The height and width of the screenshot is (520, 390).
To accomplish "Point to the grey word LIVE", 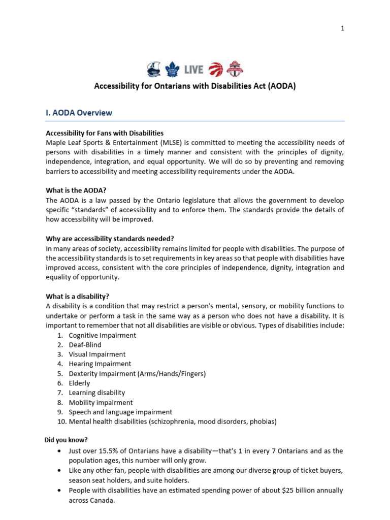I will coord(193,70).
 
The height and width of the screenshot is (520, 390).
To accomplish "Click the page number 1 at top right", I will coord(342,28).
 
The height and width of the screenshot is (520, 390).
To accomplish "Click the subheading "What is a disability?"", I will coord(78,297).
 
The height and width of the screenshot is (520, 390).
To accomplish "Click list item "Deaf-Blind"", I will coord(85,345).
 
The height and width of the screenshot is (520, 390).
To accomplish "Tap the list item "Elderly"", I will coord(79,383).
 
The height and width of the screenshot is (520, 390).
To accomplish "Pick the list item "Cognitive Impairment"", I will coord(103,336).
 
